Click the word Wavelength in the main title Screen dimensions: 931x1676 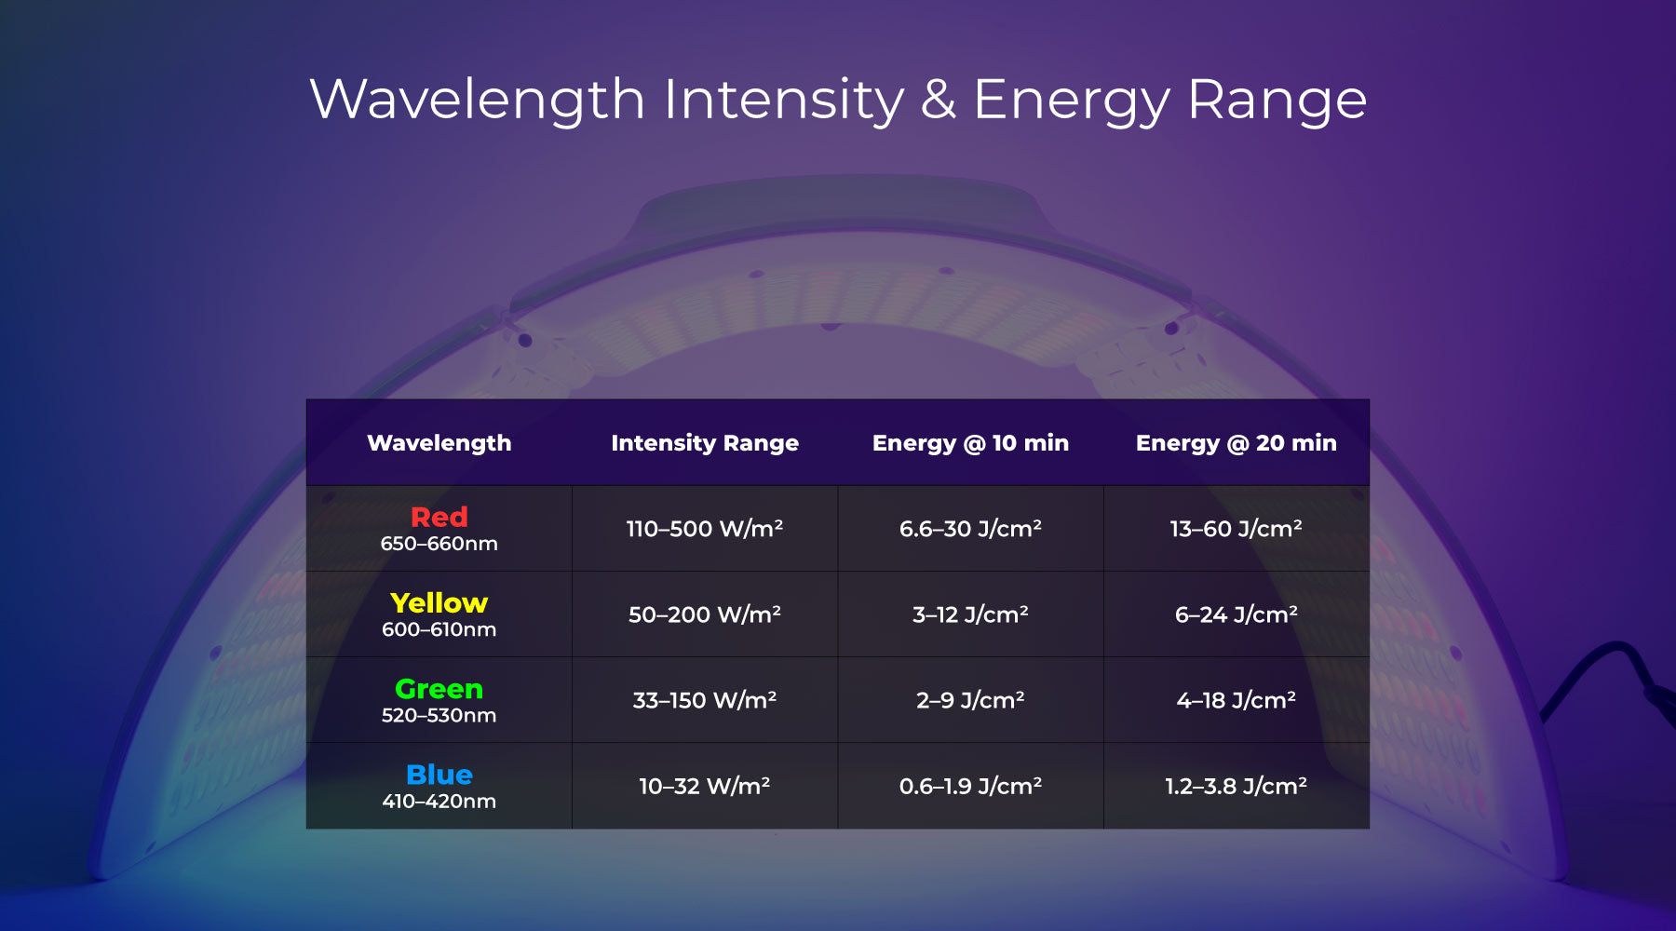[477, 100]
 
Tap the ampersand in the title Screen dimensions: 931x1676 [938, 100]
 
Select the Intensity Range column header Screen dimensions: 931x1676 [705, 443]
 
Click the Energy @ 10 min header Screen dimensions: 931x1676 [970, 443]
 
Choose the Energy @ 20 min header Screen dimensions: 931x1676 [1236, 443]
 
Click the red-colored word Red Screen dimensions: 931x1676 [439, 517]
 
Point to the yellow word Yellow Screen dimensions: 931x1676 [439, 602]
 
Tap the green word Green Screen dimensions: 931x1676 [439, 689]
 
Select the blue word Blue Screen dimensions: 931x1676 [439, 775]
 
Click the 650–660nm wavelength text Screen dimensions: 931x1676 [439, 544]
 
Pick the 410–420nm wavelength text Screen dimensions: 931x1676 [439, 802]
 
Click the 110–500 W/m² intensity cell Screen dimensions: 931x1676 [705, 529]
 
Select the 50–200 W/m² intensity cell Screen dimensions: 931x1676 [705, 614]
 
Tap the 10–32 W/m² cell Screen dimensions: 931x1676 [705, 787]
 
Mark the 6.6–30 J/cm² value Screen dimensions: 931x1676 [970, 529]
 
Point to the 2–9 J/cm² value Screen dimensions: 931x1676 [970, 700]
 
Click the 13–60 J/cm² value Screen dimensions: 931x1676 [1236, 529]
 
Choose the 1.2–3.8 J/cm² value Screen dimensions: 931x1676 [1236, 787]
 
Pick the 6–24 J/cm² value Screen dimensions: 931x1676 [1236, 614]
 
